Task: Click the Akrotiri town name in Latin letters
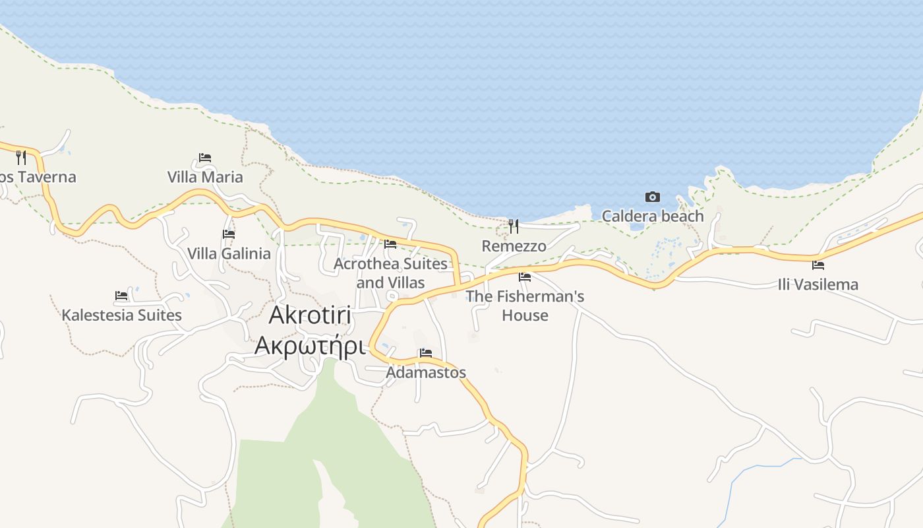click(x=310, y=316)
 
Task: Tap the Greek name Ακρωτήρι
click(x=310, y=345)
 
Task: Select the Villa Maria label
click(x=205, y=177)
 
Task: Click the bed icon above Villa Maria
click(x=205, y=158)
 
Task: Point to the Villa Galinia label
click(x=229, y=253)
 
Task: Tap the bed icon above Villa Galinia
click(x=229, y=234)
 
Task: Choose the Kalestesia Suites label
click(x=121, y=315)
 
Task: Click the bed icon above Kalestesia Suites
click(x=121, y=296)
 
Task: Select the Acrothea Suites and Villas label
click(x=390, y=273)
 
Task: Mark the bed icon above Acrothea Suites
click(x=390, y=244)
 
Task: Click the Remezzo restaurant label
click(x=514, y=246)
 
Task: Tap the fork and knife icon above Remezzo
click(x=514, y=226)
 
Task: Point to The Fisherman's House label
click(x=525, y=306)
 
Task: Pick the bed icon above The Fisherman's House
click(x=525, y=277)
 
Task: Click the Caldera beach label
click(x=653, y=216)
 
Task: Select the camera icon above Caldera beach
click(x=653, y=197)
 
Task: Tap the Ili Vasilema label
click(x=818, y=284)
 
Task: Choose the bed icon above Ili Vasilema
click(x=818, y=265)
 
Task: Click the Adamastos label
click(x=426, y=372)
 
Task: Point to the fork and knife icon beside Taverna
click(x=21, y=157)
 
